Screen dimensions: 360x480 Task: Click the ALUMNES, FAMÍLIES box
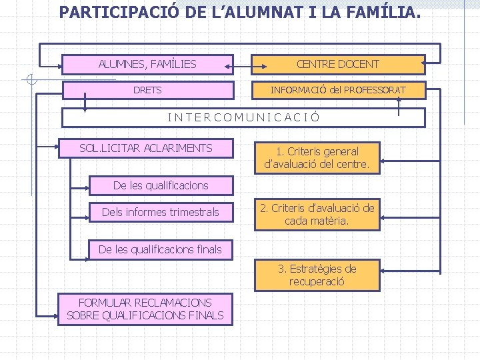point(147,64)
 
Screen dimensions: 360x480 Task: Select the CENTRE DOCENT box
point(338,64)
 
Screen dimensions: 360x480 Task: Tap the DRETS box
point(147,90)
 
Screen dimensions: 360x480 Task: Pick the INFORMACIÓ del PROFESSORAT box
point(338,90)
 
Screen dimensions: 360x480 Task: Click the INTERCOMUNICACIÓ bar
point(243,117)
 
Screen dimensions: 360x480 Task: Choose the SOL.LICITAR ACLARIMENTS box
point(145,148)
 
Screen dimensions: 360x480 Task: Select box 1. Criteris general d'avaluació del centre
point(317,157)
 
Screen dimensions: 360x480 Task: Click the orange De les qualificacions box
point(161,185)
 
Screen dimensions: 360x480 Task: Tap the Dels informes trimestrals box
point(160,212)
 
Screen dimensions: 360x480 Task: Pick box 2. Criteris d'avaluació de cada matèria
point(317,215)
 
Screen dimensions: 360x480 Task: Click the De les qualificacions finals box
point(160,249)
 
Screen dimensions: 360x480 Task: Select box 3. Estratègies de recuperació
point(317,275)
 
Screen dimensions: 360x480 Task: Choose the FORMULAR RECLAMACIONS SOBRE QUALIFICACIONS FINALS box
point(145,309)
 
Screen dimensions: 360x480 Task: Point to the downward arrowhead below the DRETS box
point(85,106)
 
